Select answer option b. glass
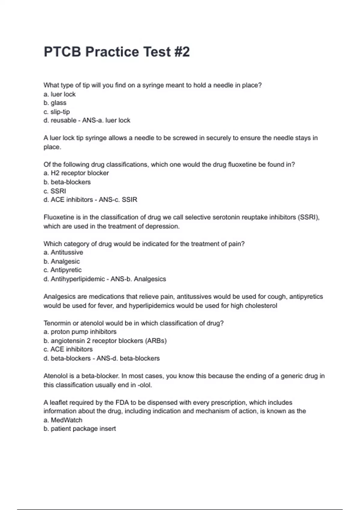tap(55, 103)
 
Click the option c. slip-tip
tap(57, 112)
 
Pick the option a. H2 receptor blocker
tap(76, 173)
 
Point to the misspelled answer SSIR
tap(129, 200)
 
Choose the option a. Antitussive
tap(63, 252)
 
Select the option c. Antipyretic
tap(62, 270)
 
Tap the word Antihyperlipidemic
tap(78, 279)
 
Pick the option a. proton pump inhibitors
tap(80, 332)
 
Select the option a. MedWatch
tap(63, 420)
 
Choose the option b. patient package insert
tap(79, 429)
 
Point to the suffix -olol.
tap(145, 385)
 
